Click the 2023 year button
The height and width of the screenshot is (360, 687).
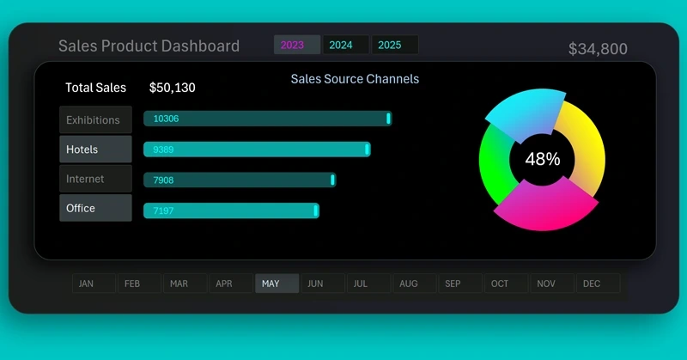[296, 46]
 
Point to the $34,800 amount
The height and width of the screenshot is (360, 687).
[598, 50]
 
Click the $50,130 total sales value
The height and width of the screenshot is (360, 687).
[178, 88]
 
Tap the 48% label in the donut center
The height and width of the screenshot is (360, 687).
[542, 159]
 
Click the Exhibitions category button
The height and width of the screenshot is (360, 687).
[95, 120]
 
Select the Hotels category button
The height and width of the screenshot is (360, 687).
[95, 149]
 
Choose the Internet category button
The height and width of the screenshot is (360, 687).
[95, 179]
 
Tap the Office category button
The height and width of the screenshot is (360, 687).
[95, 208]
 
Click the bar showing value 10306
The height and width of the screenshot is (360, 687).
[267, 119]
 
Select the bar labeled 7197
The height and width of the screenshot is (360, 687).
[231, 211]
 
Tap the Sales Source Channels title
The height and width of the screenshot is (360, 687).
[355, 79]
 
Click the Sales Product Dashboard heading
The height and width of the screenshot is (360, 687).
[149, 46]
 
